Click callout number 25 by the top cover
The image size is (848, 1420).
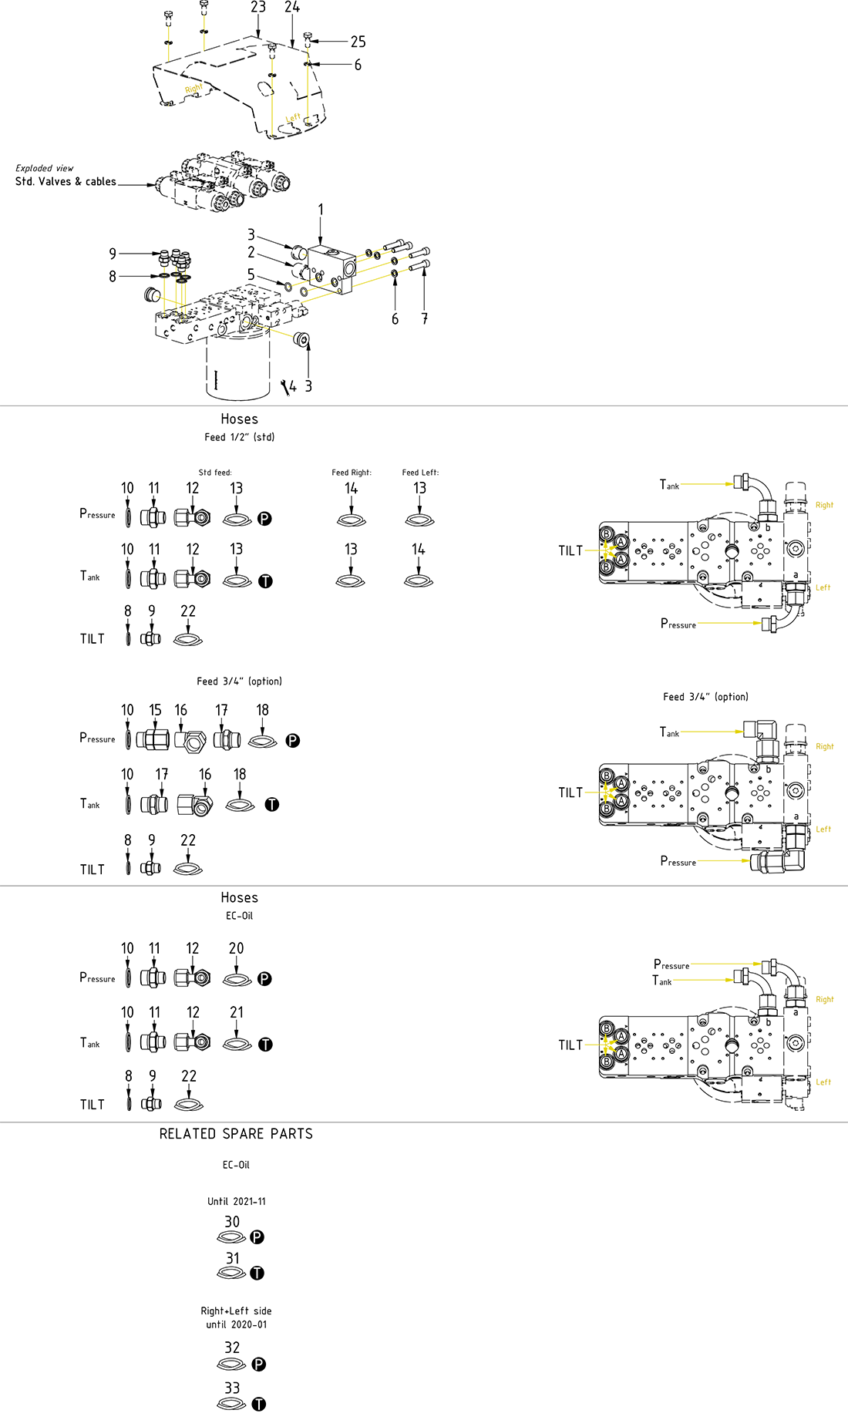click(x=358, y=42)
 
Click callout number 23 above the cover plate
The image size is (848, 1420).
click(x=258, y=8)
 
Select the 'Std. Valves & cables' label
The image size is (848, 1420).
click(x=66, y=182)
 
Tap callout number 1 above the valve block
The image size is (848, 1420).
click(x=321, y=210)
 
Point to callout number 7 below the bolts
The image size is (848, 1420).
click(x=424, y=318)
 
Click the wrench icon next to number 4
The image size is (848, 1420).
click(x=286, y=387)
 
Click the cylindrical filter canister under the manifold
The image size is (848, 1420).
click(x=237, y=370)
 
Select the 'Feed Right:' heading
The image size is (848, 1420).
click(x=352, y=473)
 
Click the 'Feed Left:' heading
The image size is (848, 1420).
click(x=420, y=473)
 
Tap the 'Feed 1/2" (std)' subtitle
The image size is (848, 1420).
click(x=239, y=437)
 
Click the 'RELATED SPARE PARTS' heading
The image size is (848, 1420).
click(x=236, y=1134)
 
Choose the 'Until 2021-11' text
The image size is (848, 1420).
click(x=237, y=1201)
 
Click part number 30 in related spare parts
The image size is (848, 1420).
click(x=232, y=1222)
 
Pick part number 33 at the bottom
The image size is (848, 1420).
click(x=232, y=1388)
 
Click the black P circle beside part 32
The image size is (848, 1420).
click(x=259, y=1364)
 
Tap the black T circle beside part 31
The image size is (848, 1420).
click(x=257, y=1274)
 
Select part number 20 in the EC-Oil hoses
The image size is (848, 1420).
click(x=236, y=948)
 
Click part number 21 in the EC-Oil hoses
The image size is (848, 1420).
click(x=237, y=1012)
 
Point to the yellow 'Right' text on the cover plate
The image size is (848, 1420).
click(x=193, y=89)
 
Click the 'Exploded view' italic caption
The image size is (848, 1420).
click(x=45, y=168)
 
